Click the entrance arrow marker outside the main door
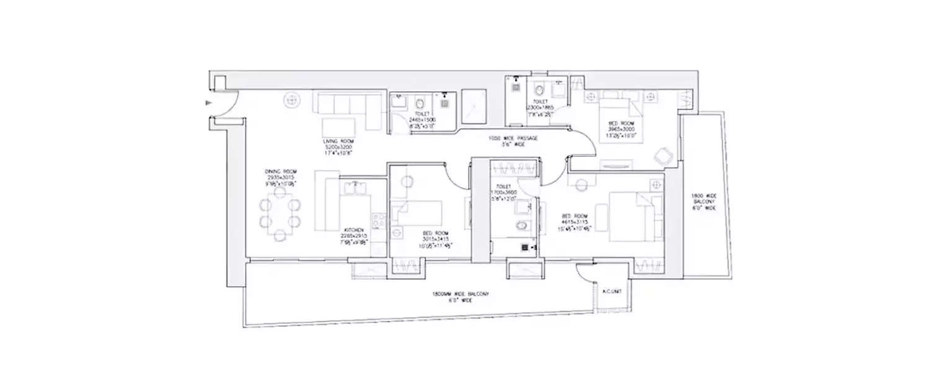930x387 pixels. pos(209,103)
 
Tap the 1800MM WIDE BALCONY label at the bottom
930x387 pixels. pos(461,294)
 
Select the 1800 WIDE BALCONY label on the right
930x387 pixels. pos(703,198)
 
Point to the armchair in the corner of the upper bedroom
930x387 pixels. pos(664,156)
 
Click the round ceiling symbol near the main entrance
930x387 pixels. pos(291,99)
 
